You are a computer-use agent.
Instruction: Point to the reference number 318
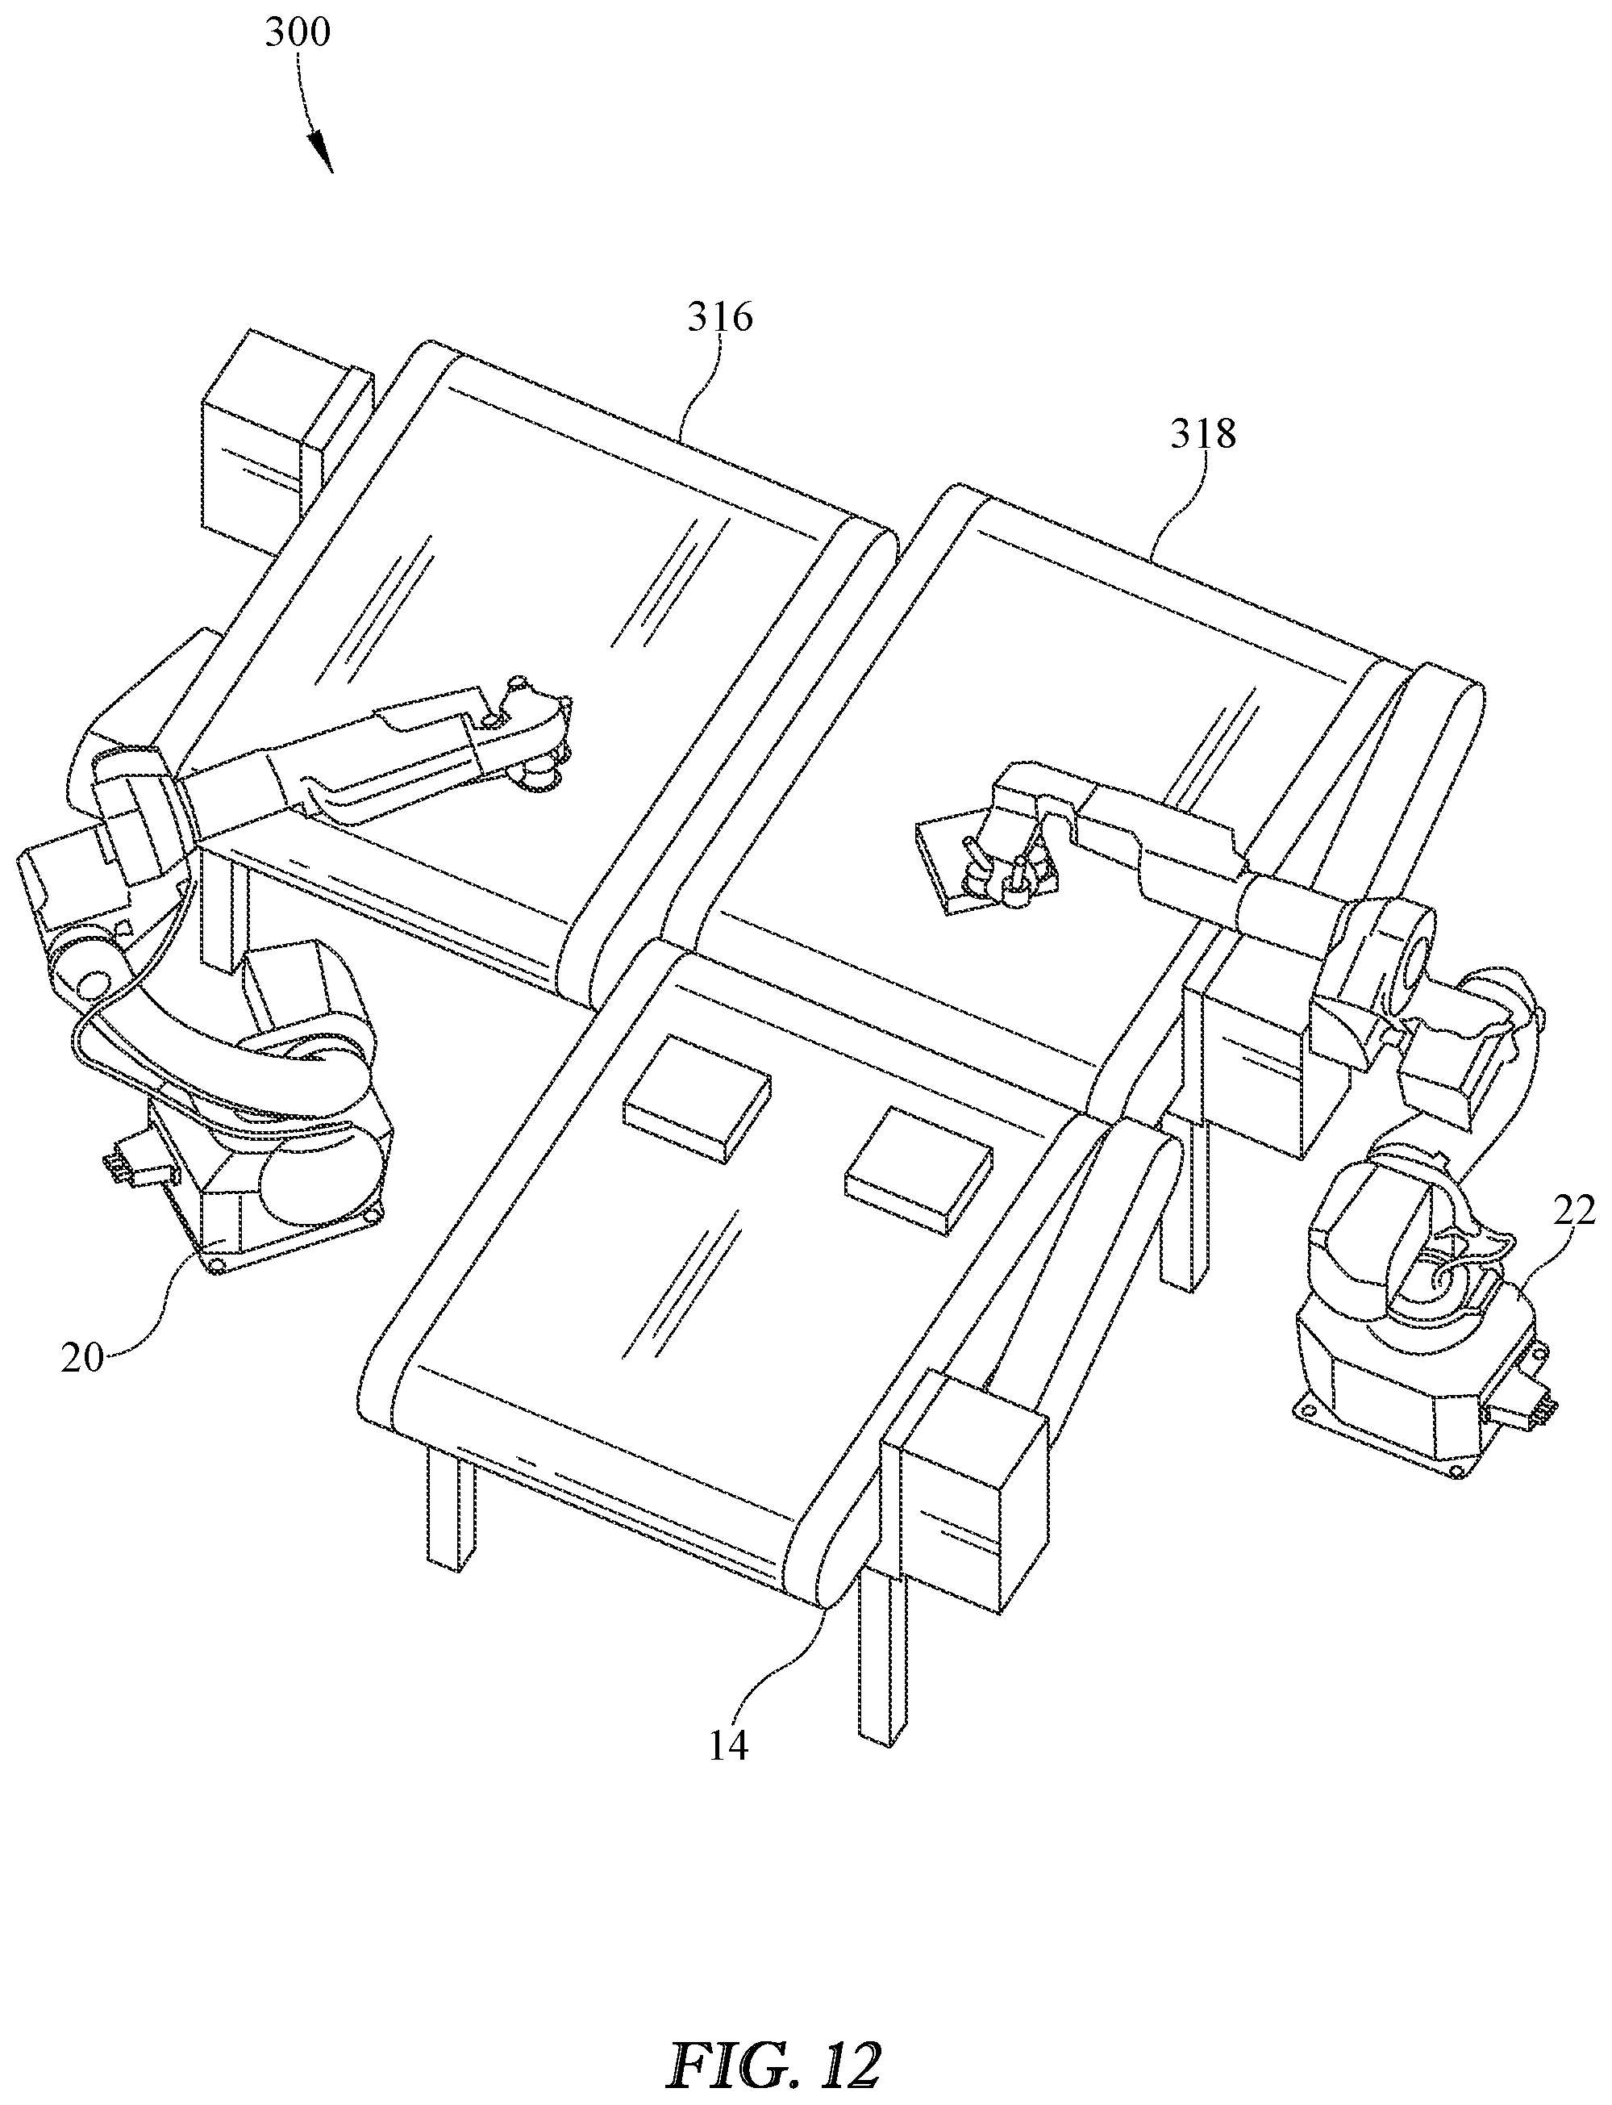pyautogui.click(x=1202, y=435)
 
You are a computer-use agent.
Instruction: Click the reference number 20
pyautogui.click(x=81, y=1358)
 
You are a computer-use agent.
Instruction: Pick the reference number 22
pyautogui.click(x=1572, y=1210)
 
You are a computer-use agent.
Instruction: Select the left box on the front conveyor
pyautogui.click(x=697, y=1097)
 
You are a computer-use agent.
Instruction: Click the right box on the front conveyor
pyautogui.click(x=918, y=1168)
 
